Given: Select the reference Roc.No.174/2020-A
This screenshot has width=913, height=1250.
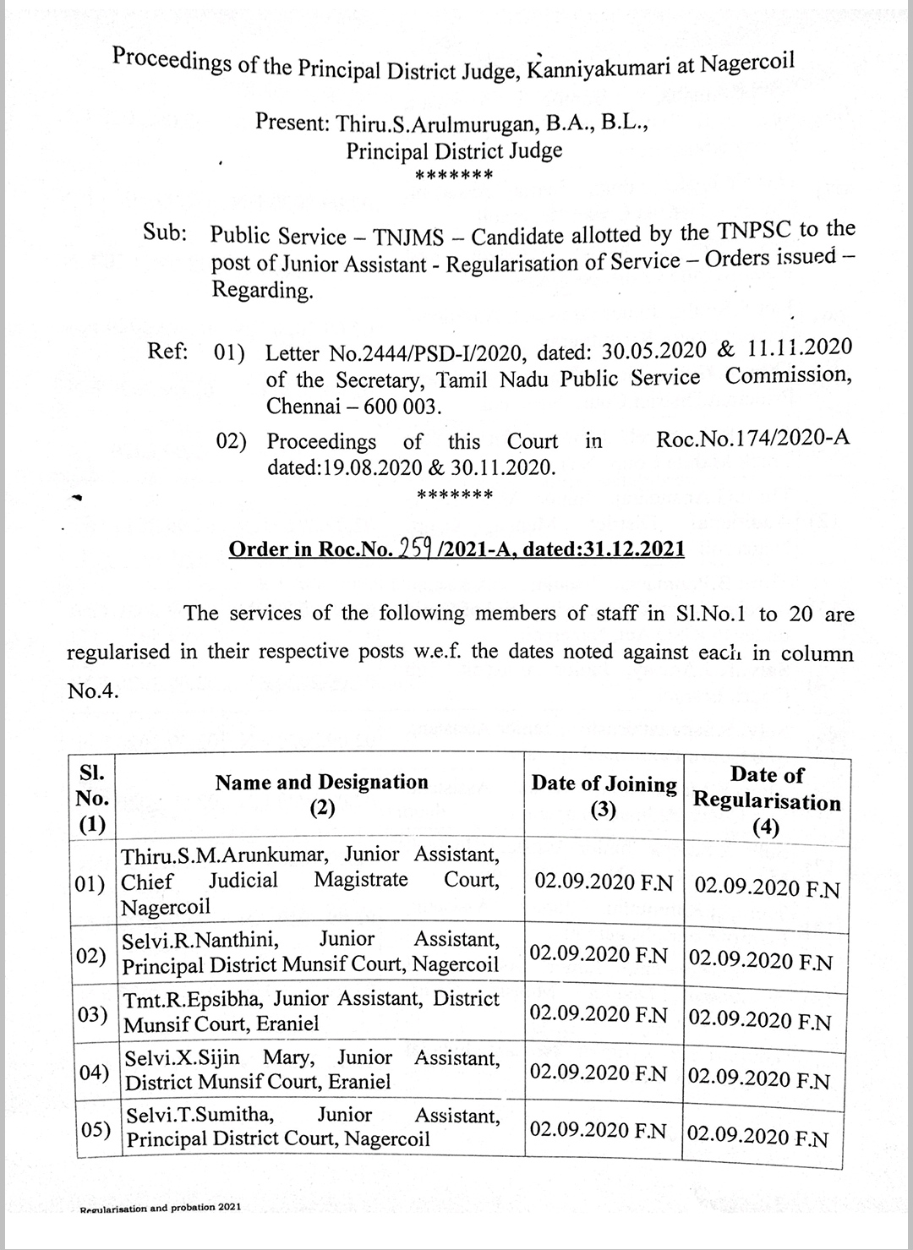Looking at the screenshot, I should (x=752, y=438).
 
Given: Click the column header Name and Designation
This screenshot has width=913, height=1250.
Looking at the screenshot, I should (x=321, y=783).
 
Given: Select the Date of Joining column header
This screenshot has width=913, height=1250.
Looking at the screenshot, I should (x=604, y=784).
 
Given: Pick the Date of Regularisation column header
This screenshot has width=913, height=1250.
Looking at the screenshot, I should (x=767, y=789).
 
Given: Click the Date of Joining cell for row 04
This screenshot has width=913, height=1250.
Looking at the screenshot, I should (x=599, y=1073).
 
